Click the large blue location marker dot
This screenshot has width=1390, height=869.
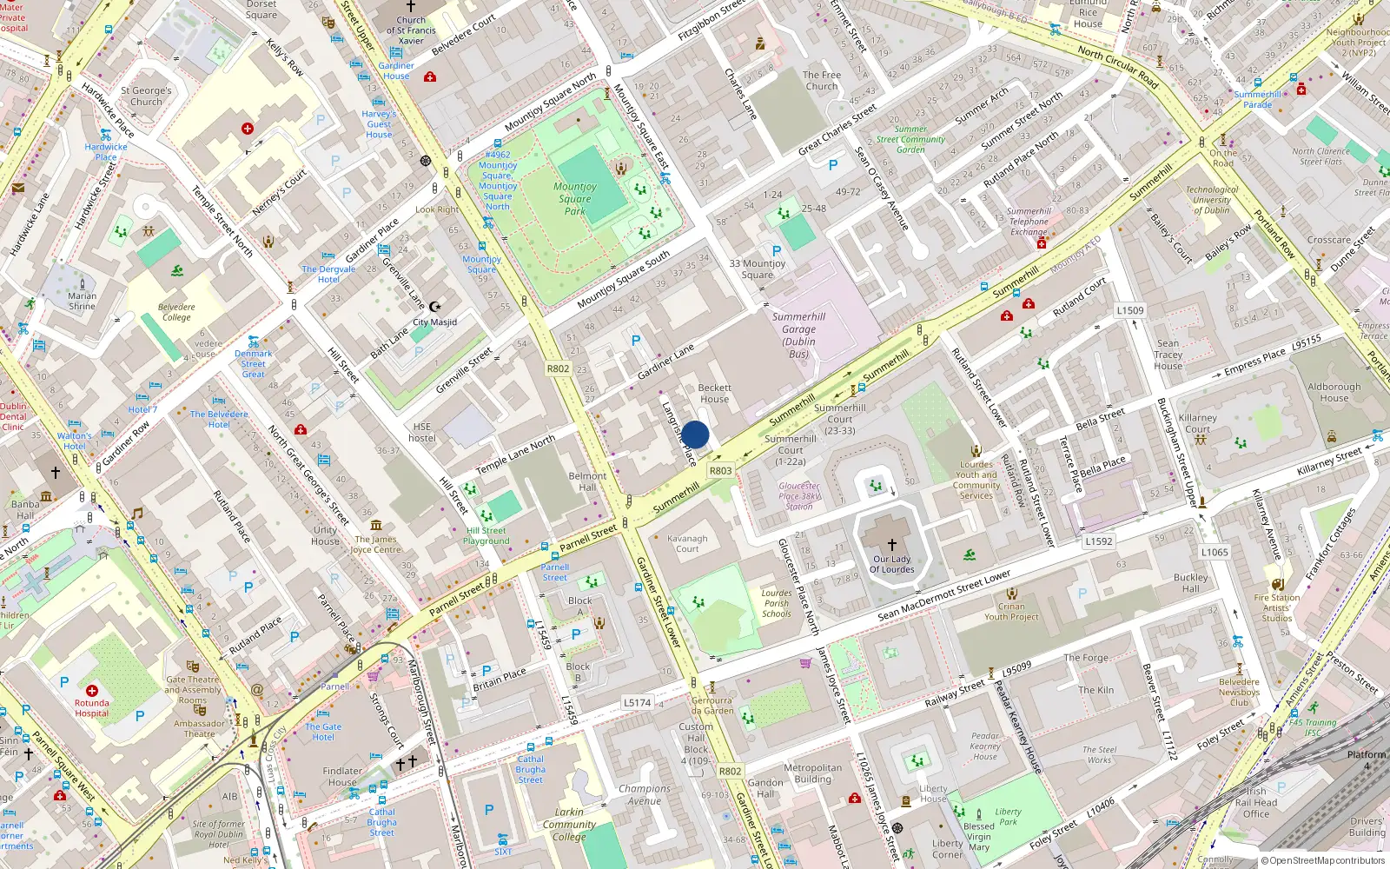point(695,434)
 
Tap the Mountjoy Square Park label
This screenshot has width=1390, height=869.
point(574,198)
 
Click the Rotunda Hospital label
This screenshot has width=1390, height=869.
point(91,708)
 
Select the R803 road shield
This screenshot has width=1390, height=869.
point(720,470)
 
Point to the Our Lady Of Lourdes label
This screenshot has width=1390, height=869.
point(893,565)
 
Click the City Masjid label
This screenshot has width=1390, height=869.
point(434,322)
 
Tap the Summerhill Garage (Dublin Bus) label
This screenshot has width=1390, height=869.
point(798,335)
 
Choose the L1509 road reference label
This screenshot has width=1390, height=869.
point(1130,310)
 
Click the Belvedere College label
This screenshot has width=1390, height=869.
point(176,312)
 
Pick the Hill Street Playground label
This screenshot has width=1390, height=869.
point(486,535)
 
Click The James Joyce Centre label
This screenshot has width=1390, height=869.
point(376,544)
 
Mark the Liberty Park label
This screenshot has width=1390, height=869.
point(1008,816)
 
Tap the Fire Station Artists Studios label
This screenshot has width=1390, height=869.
point(1276,607)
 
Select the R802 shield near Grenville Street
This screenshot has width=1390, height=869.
point(558,368)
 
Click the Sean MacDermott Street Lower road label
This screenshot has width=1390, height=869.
point(943,596)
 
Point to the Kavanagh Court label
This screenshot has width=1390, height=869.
point(687,543)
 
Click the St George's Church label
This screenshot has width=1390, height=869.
point(146,96)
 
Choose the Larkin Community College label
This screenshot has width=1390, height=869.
point(569,825)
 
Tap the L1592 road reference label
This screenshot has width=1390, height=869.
point(1098,541)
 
